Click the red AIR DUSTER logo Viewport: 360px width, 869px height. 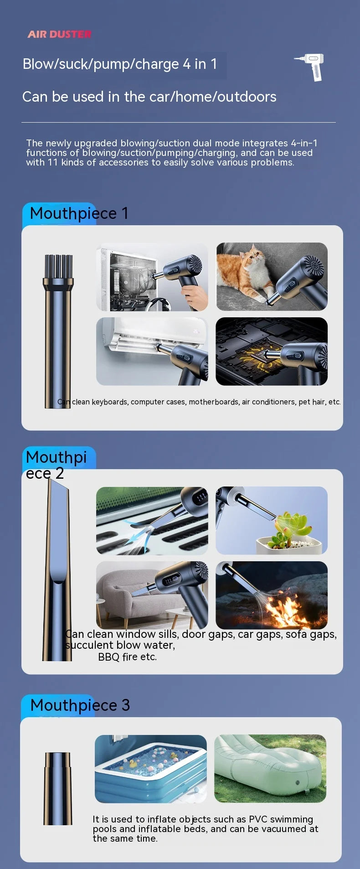coord(59,34)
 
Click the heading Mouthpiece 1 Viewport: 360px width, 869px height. coord(79,213)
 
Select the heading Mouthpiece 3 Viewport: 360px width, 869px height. coord(80,705)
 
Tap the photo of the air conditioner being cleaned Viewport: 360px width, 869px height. coord(152,351)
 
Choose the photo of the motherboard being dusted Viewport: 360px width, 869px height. coord(271,351)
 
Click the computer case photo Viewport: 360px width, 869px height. coord(152,277)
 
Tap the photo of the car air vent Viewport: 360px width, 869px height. coord(152,521)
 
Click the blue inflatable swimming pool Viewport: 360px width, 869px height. coord(150,769)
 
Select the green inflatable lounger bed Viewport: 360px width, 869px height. coord(270,768)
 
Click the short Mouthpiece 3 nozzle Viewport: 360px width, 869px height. coord(58,788)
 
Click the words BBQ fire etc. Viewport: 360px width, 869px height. coord(127,657)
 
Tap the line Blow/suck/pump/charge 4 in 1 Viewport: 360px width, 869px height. coord(120,64)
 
